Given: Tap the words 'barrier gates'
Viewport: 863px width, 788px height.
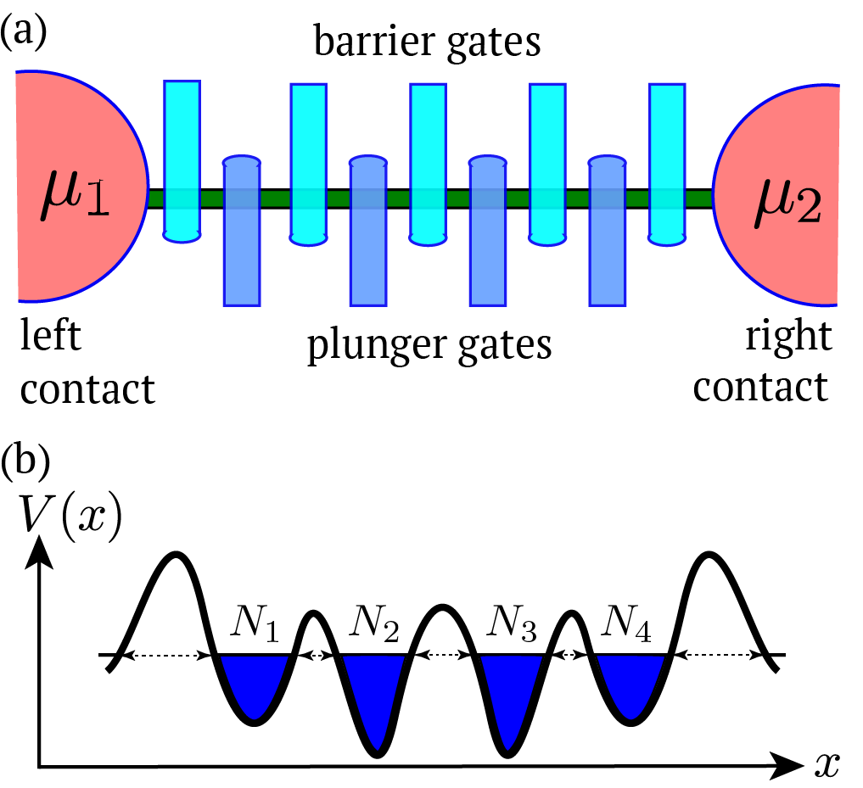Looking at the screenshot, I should (427, 41).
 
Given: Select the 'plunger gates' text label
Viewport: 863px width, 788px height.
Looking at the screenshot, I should (429, 345).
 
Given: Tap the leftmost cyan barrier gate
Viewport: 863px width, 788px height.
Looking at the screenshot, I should (182, 161).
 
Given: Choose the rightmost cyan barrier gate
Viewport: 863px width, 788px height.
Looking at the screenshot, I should (667, 161).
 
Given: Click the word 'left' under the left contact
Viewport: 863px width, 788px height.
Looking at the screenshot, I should (50, 338).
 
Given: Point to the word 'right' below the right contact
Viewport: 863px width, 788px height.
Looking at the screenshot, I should (788, 338).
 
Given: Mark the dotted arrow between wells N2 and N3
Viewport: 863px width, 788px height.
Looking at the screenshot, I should (444, 654).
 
